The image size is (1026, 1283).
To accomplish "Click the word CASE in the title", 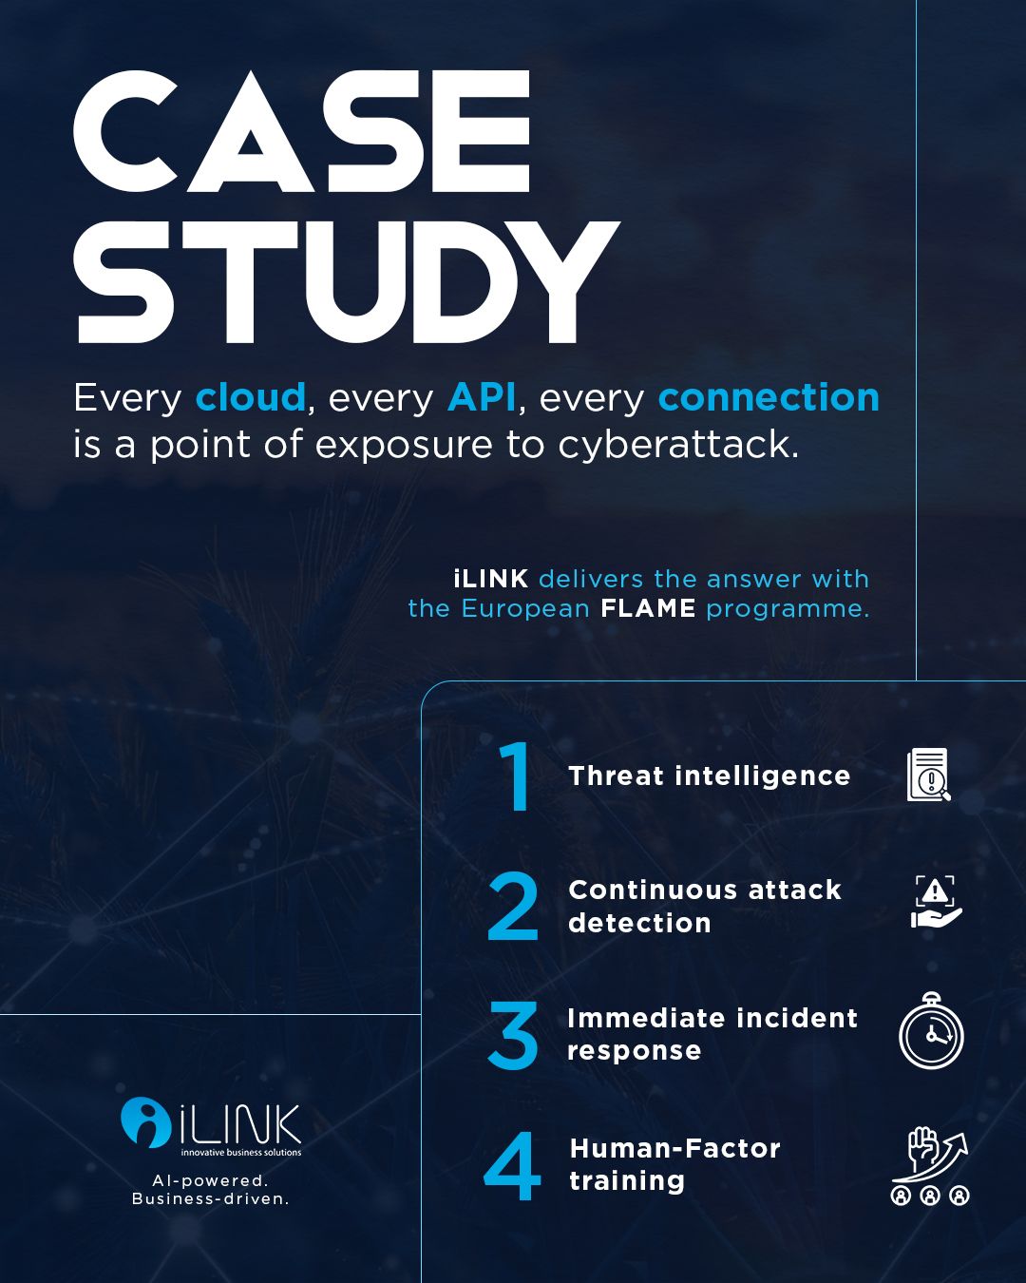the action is [x=302, y=131].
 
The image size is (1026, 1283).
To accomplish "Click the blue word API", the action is [x=481, y=397].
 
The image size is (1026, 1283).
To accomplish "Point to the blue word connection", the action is [x=769, y=397].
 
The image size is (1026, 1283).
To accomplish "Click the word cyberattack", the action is [x=678, y=446].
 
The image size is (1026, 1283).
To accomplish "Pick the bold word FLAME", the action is [x=648, y=608].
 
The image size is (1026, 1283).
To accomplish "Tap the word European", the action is [x=525, y=609].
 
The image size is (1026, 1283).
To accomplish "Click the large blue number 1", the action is [x=515, y=776].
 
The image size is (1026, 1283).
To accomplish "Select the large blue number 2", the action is [x=513, y=906].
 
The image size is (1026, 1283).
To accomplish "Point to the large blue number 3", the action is [x=513, y=1035].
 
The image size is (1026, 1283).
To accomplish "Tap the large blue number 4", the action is [x=512, y=1165].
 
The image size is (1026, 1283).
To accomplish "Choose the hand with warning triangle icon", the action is [x=936, y=902].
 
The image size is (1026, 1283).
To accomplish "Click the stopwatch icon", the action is [x=931, y=1031].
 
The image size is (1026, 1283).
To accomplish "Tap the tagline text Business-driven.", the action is [x=211, y=1199].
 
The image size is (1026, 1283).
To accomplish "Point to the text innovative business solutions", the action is [x=241, y=1153].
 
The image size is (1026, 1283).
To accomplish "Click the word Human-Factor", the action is [x=674, y=1148].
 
